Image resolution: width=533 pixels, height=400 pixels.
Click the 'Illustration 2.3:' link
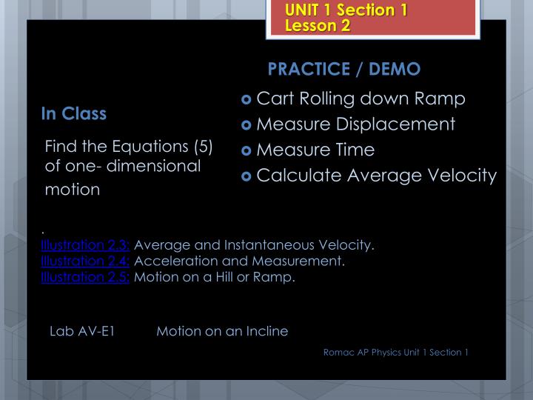coord(86,245)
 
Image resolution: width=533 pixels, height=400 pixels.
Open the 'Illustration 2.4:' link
coord(86,261)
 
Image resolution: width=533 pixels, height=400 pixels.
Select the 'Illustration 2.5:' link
coord(86,278)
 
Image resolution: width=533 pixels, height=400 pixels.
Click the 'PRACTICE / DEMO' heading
coord(344,69)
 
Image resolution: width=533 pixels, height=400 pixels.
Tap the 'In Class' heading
coord(74,114)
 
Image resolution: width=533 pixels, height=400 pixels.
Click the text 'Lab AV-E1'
coord(81,331)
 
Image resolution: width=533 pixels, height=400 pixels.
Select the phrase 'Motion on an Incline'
coord(222,331)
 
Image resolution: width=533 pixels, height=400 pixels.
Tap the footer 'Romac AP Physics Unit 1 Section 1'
coord(396,352)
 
